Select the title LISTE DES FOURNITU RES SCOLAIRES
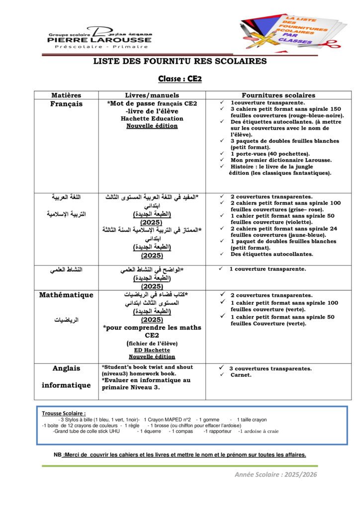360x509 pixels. coord(180,62)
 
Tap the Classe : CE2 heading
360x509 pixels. coord(180,79)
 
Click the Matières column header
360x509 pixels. coord(66,95)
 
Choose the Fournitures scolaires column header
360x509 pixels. coord(278,95)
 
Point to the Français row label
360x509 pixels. coord(66,104)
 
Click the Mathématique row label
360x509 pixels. coord(66,295)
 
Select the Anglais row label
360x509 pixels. coord(66,368)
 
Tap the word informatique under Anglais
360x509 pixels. coord(66,385)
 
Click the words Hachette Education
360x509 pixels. coord(152,119)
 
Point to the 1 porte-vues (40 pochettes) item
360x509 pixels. coord(270,154)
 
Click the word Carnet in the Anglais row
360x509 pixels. coord(241,375)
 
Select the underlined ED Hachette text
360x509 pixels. coord(152,350)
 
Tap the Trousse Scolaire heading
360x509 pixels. coord(64,413)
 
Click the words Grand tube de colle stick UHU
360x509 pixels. coord(87,431)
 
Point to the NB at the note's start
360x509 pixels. coord(58,454)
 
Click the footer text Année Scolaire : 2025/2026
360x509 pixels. coord(275,475)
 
